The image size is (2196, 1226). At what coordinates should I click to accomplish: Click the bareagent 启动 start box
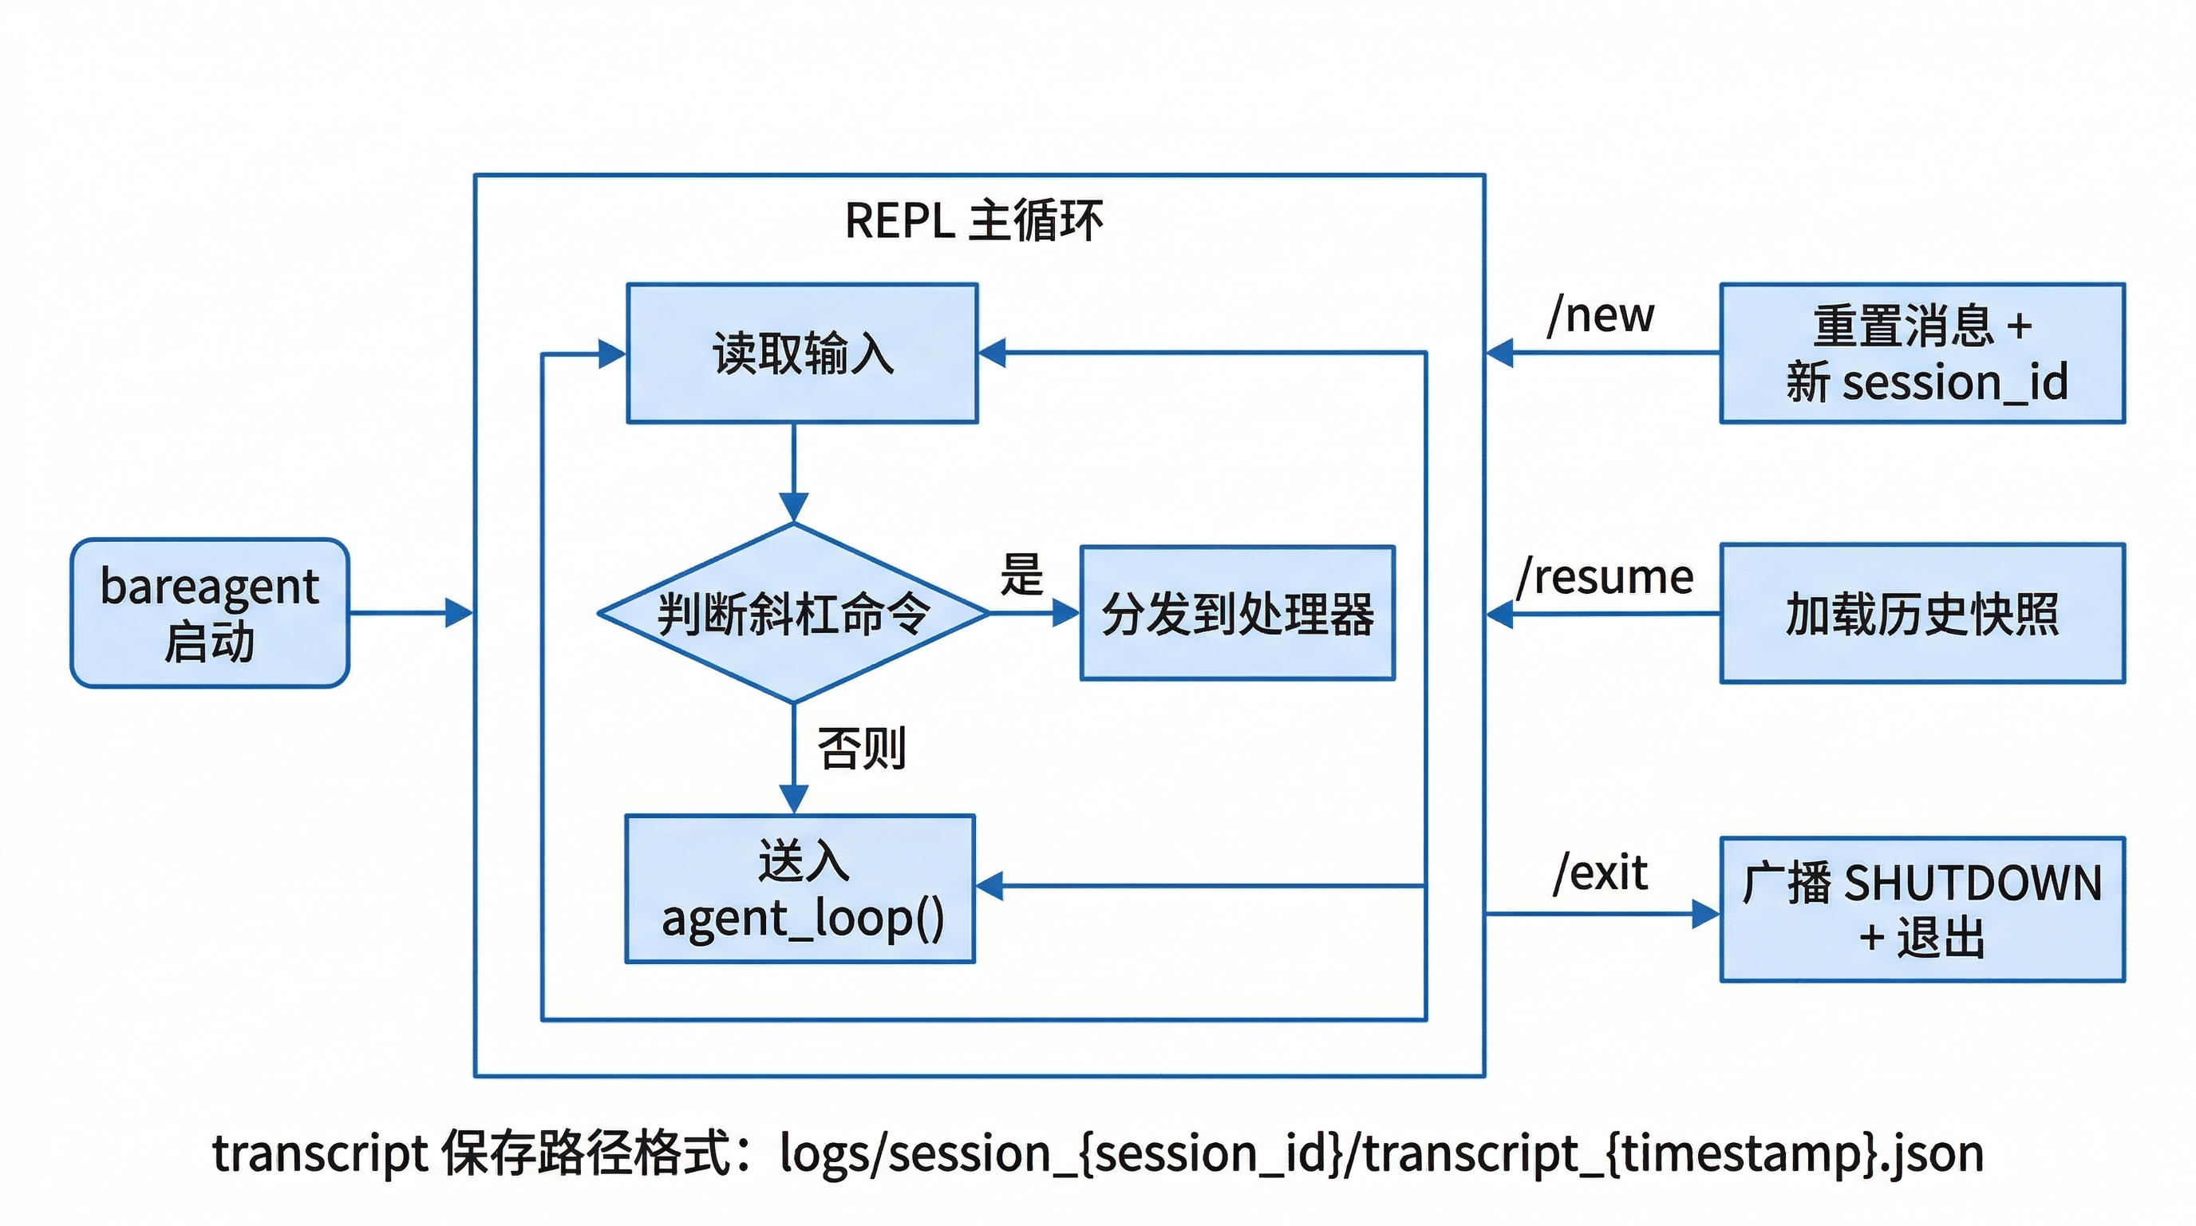click(x=210, y=612)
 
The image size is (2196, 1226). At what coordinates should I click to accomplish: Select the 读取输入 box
click(x=801, y=353)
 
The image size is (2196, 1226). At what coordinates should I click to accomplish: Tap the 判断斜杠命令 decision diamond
click(x=793, y=613)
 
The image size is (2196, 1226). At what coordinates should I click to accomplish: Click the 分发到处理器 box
click(x=1237, y=613)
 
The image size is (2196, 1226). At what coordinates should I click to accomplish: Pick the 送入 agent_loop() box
click(x=800, y=889)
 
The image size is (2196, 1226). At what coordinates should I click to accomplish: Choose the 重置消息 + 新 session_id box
click(x=1921, y=353)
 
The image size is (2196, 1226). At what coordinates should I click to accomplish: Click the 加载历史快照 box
click(x=1921, y=613)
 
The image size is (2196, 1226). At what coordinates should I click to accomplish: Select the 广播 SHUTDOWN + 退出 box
click(x=1921, y=909)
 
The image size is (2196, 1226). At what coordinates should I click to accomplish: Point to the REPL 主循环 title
click(x=974, y=221)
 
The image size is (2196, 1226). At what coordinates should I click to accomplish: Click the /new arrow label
click(x=1600, y=315)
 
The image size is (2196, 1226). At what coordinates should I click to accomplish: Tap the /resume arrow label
click(x=1605, y=577)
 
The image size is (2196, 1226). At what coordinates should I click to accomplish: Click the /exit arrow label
click(x=1599, y=873)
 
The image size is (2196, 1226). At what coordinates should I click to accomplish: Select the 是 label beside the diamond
click(x=1021, y=574)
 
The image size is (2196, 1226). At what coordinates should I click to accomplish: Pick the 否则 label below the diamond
click(x=861, y=749)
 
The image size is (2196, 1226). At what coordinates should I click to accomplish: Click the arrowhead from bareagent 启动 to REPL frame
click(x=460, y=612)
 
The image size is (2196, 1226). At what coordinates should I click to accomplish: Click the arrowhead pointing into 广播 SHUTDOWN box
click(x=1705, y=914)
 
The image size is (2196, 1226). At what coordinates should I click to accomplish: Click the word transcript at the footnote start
click(x=319, y=1154)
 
